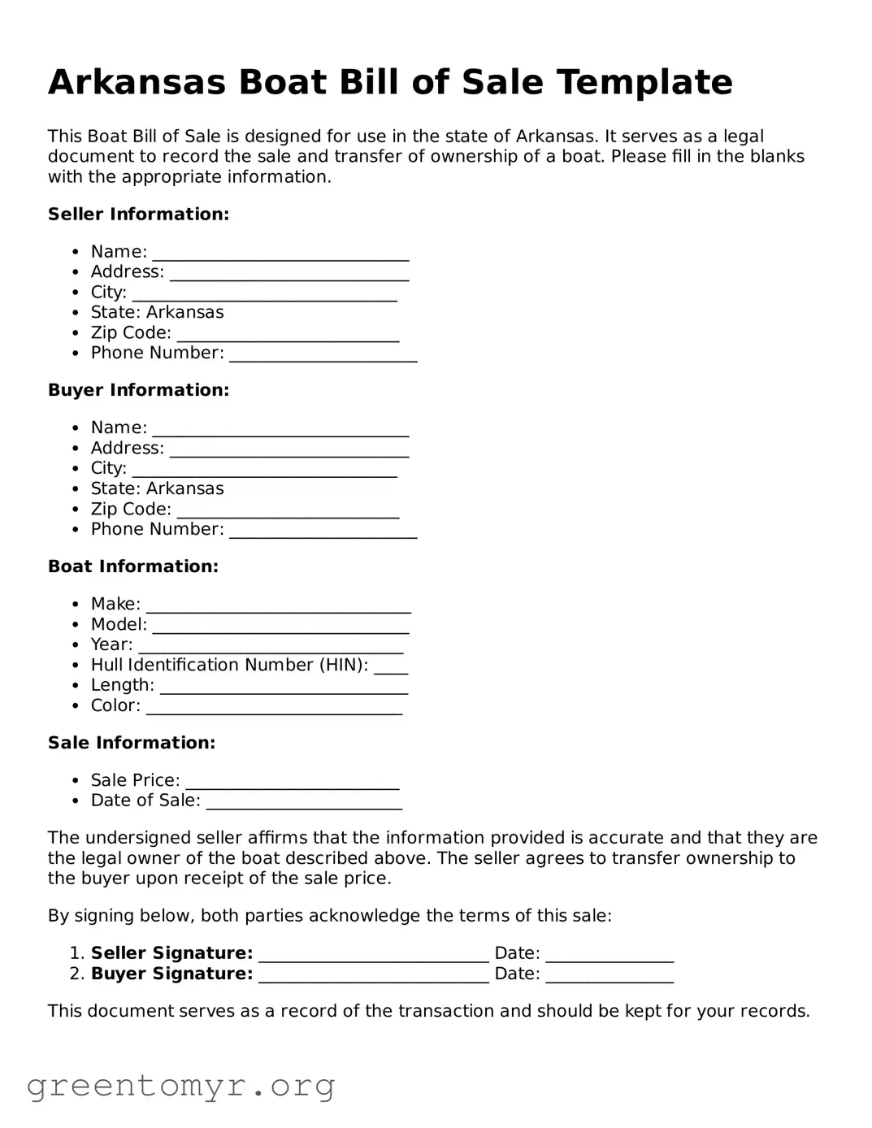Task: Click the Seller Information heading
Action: tap(138, 215)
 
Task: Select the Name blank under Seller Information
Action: tap(280, 254)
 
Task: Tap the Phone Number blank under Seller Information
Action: tap(323, 355)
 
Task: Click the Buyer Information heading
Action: tap(138, 390)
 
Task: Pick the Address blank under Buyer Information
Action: tap(288, 450)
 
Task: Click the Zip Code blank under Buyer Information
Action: tap(288, 511)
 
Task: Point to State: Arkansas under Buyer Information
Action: tap(157, 488)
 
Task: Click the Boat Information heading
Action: tap(132, 566)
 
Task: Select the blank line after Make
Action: tap(278, 606)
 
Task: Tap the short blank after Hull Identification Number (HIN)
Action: tap(391, 667)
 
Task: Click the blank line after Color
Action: tap(274, 708)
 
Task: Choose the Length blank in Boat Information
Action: tap(284, 688)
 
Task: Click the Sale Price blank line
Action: tap(293, 783)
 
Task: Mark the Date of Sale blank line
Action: tap(304, 803)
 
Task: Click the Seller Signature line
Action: tap(374, 955)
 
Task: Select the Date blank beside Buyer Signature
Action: tap(610, 976)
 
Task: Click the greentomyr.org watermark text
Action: tap(180, 1086)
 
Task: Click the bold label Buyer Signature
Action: tap(171, 974)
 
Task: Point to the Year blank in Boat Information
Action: tap(271, 647)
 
